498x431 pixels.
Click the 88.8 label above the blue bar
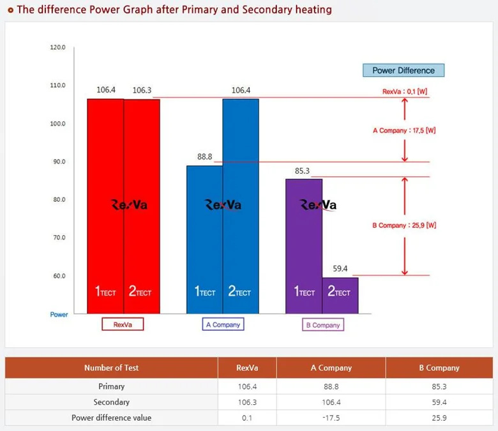click(x=205, y=156)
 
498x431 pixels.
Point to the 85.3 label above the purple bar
click(x=303, y=170)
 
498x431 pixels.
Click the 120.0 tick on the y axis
click(x=57, y=48)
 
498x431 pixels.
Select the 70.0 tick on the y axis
click(x=57, y=238)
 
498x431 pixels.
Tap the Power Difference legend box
click(x=403, y=71)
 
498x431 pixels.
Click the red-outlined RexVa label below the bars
click(x=123, y=324)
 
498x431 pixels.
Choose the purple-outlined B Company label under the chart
click(x=322, y=325)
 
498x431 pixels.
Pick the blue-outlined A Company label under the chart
click(x=223, y=324)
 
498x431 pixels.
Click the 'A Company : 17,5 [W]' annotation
click(x=404, y=130)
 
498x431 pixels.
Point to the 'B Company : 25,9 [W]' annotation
click(x=404, y=225)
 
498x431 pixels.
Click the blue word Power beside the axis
click(x=59, y=315)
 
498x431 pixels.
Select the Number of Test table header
click(x=111, y=368)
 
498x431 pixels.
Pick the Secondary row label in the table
click(x=111, y=402)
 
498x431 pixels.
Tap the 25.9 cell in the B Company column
click(x=439, y=418)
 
